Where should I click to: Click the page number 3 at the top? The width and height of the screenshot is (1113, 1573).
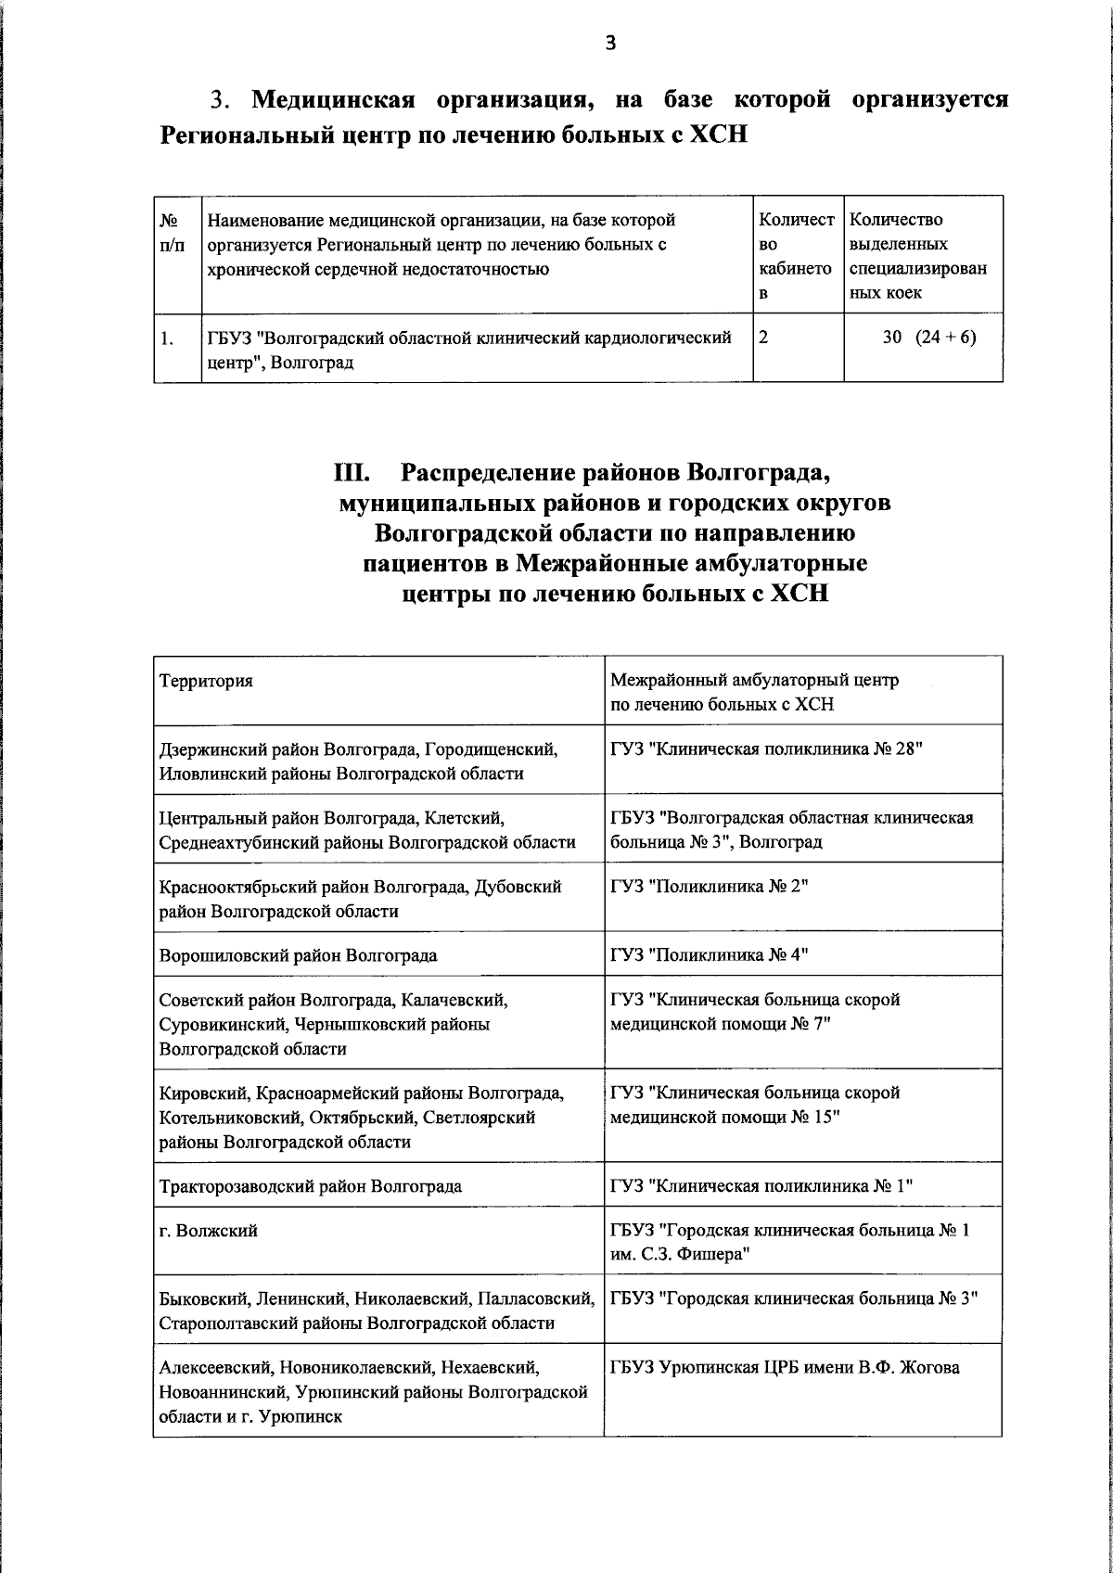point(609,42)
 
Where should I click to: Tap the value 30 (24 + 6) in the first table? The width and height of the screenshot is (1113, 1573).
point(928,338)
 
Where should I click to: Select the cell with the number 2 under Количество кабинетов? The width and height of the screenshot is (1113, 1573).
point(763,338)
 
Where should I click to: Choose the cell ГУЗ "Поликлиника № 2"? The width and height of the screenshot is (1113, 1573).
point(710,887)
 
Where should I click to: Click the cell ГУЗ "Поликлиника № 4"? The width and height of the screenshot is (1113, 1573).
point(710,954)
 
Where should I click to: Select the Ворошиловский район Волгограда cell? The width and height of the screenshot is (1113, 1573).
point(298,954)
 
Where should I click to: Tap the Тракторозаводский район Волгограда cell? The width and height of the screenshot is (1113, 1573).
point(310,1185)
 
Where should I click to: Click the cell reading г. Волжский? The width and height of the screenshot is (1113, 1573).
point(209,1231)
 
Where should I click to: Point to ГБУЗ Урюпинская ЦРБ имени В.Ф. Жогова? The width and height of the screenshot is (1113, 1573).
point(785,1368)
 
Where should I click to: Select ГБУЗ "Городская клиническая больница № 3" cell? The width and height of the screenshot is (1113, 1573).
point(795,1298)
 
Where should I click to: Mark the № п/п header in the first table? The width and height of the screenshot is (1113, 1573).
point(172,232)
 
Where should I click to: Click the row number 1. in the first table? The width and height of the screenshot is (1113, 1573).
point(167,339)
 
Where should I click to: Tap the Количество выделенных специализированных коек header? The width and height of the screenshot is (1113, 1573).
point(918,256)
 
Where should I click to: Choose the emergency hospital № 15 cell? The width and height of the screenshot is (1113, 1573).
point(755,1105)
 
